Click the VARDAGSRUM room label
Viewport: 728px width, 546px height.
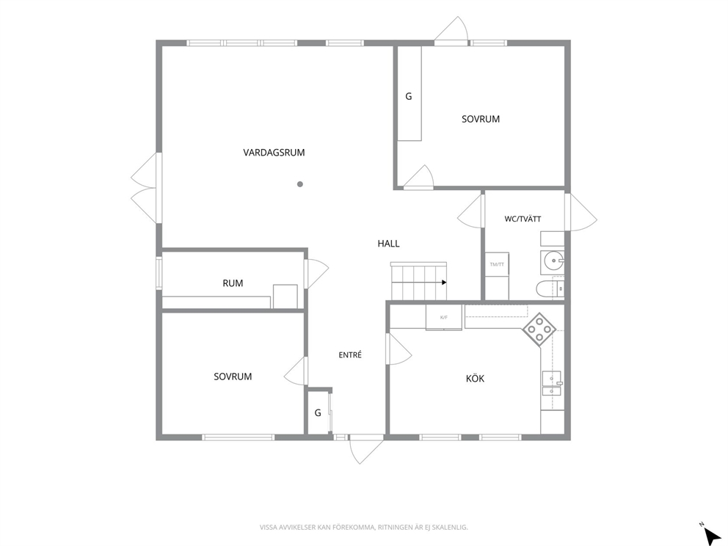click(274, 153)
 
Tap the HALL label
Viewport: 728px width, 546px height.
click(389, 244)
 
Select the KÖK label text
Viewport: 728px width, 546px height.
click(475, 378)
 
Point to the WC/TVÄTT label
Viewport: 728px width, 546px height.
click(523, 219)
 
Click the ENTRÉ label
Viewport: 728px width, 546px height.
click(350, 354)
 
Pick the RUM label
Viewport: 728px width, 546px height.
click(233, 283)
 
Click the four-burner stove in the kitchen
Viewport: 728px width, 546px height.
click(539, 330)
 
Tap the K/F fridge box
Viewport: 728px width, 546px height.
click(444, 317)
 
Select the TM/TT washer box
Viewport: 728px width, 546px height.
click(497, 264)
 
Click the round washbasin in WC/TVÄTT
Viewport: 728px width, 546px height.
click(553, 261)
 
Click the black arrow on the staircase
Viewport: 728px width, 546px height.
click(444, 283)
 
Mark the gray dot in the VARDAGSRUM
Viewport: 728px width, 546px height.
click(300, 184)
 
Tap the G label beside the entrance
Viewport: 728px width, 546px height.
click(318, 412)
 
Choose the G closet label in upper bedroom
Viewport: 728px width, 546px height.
click(409, 97)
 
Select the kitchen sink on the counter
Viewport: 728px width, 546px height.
click(552, 383)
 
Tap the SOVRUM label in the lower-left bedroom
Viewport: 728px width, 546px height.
click(233, 376)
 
